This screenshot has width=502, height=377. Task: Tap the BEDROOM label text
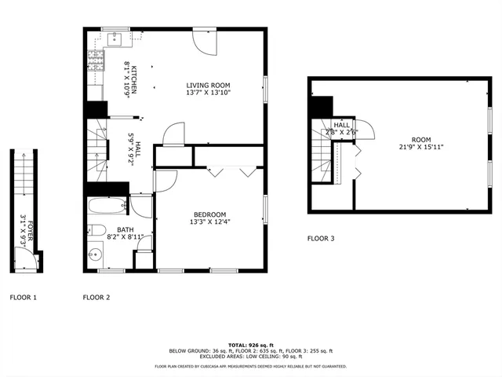coord(210,214)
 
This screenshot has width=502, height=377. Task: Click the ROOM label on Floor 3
coord(421,140)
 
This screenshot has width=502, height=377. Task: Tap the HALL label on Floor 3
coord(342,125)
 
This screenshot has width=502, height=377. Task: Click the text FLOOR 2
coord(96,298)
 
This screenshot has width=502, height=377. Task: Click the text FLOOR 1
coord(23,298)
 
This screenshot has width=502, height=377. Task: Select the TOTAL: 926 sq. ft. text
coord(250,345)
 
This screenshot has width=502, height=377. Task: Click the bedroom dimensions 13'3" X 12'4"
coord(210,221)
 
